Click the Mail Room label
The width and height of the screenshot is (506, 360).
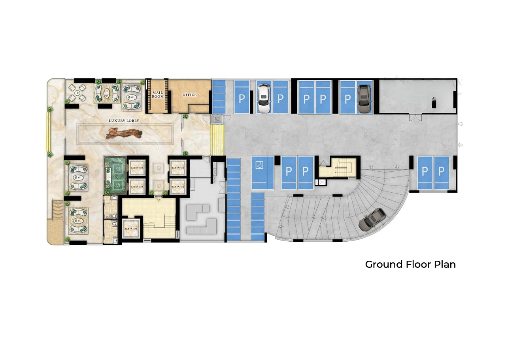coord(158,95)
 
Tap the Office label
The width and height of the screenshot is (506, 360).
coord(189,95)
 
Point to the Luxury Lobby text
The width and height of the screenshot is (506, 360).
coord(124,121)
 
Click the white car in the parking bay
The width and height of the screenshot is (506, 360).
coord(264,99)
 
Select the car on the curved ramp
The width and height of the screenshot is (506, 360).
coord(372,220)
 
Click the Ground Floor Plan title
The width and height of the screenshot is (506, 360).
coord(410,264)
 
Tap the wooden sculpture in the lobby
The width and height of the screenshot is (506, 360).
coord(124,133)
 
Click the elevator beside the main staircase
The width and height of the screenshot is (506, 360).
coord(131,228)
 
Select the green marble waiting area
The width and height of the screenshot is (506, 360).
coord(115,176)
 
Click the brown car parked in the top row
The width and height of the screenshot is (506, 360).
coord(364,99)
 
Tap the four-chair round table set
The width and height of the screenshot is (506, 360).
coord(77,93)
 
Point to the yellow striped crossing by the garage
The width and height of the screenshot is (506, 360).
coord(217,140)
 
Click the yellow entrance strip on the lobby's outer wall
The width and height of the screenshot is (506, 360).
coord(48,132)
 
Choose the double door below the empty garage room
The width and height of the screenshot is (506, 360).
coord(415,117)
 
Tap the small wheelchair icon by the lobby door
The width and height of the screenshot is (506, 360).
coord(217,119)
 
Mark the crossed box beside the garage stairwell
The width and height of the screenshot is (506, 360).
coord(322,182)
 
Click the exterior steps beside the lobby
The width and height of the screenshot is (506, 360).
coord(58,210)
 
